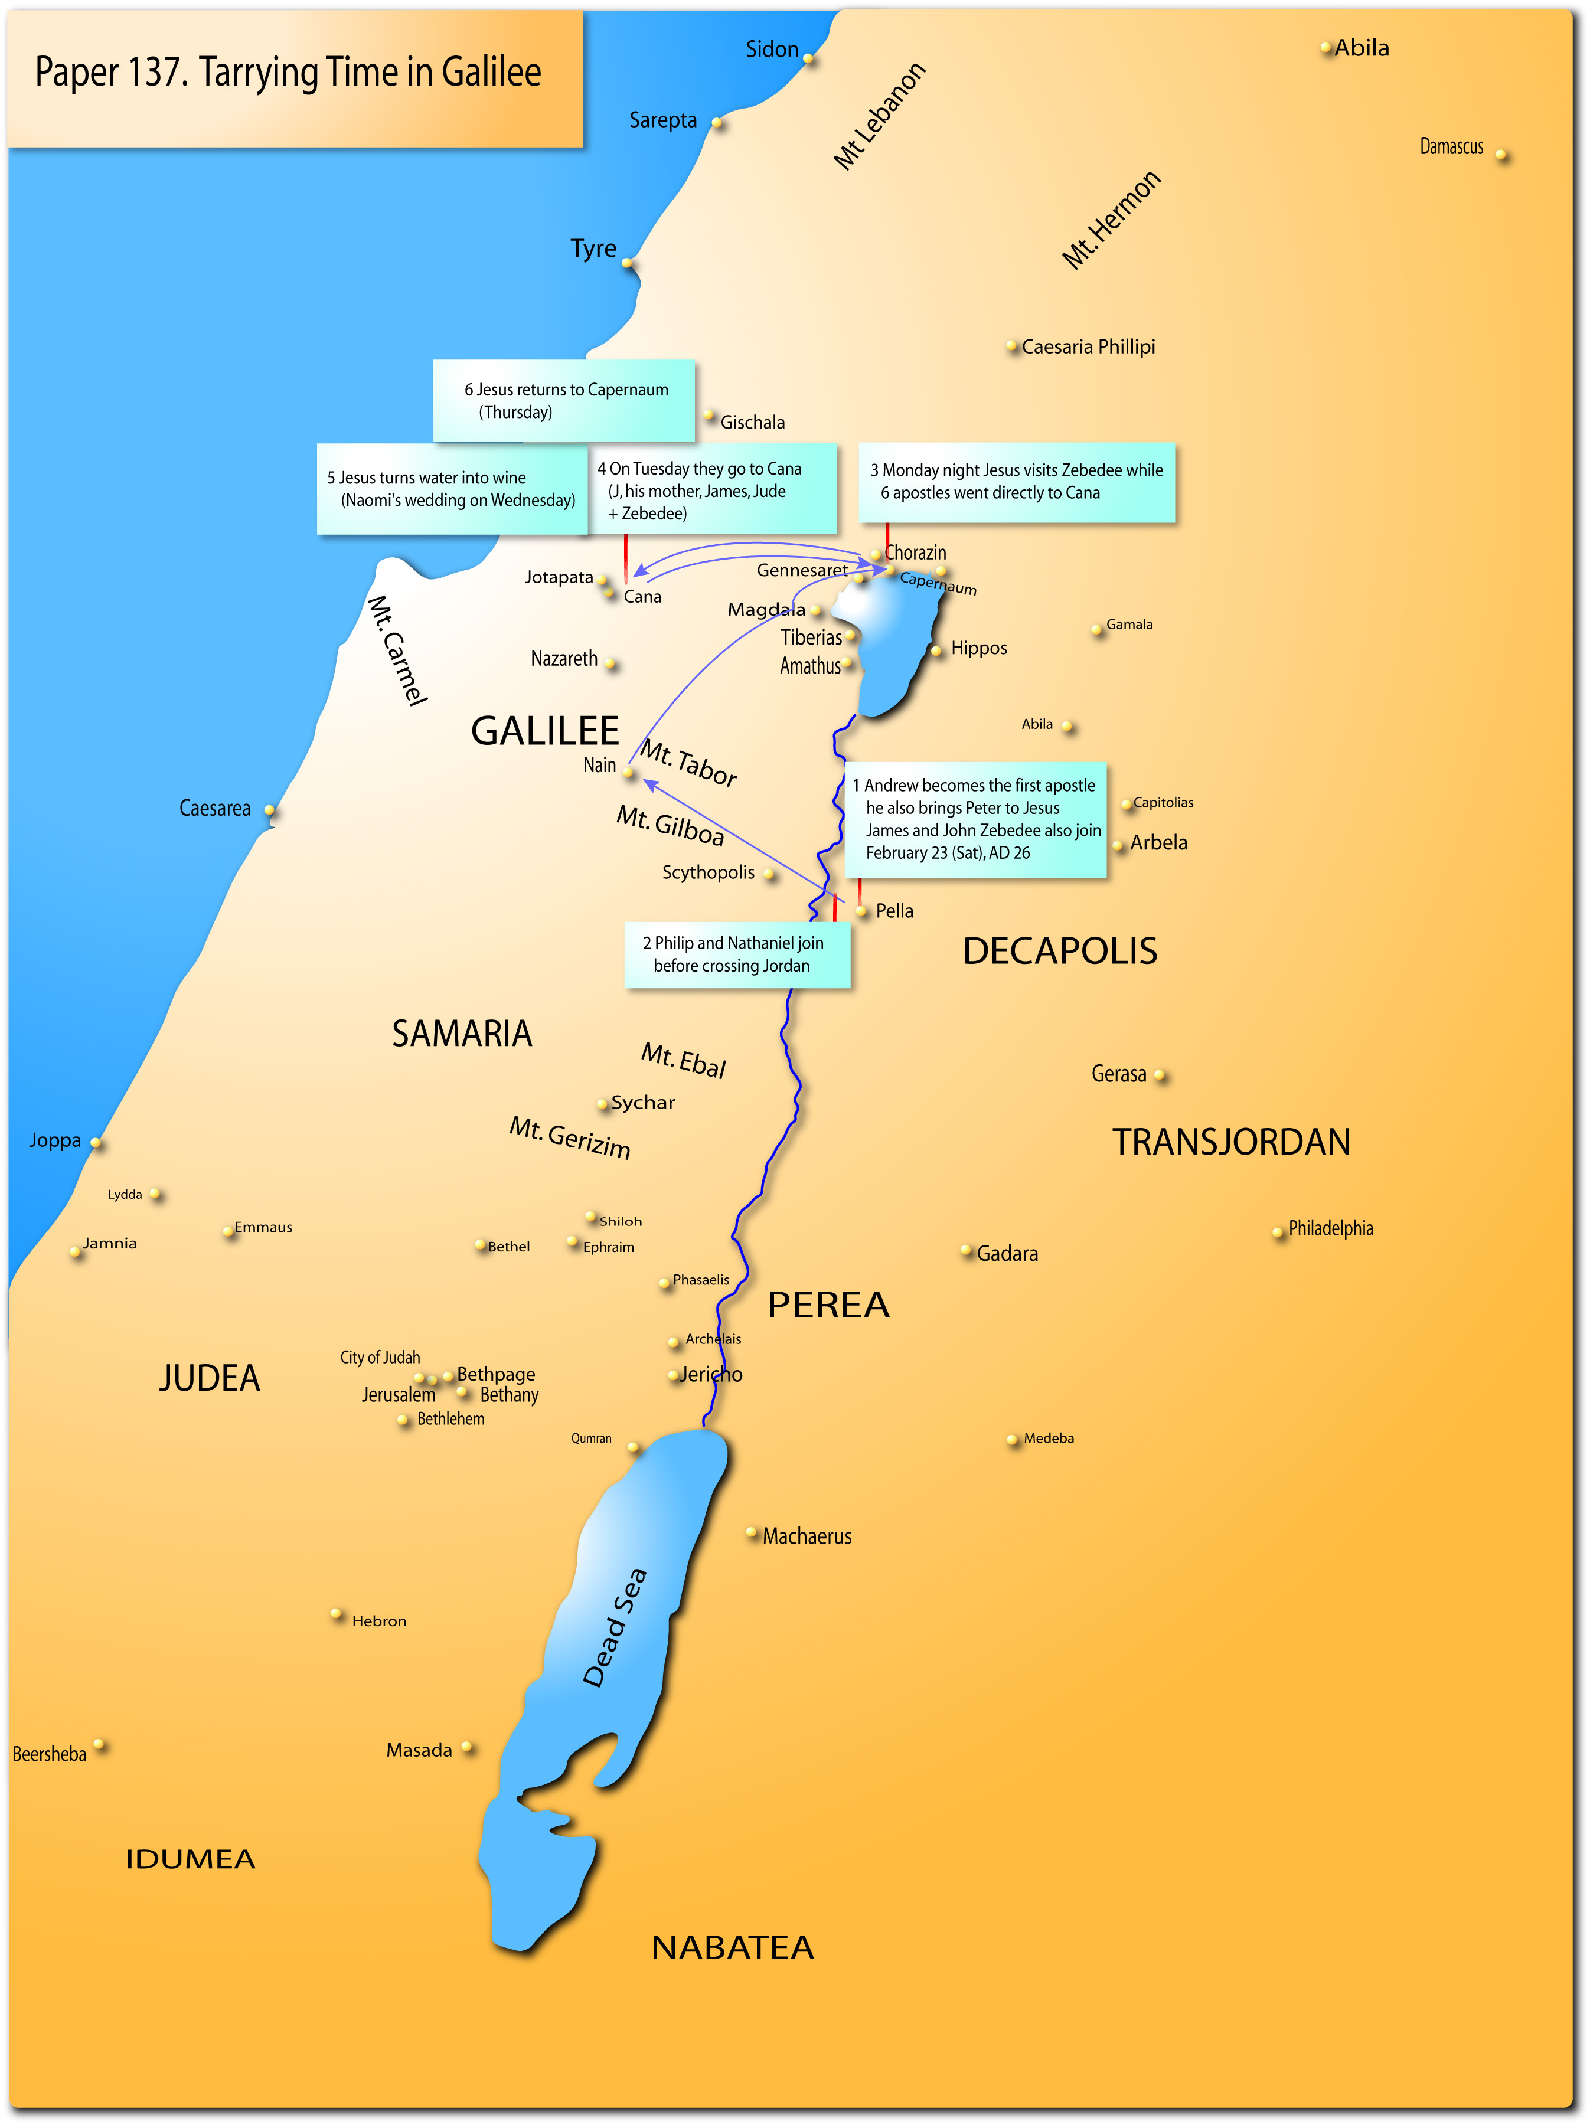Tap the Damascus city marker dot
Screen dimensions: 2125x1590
pyautogui.click(x=1501, y=155)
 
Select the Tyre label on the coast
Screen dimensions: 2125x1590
pyautogui.click(x=593, y=249)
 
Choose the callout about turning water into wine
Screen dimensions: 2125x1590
pyautogui.click(x=452, y=489)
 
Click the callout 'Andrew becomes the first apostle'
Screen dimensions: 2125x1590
pyautogui.click(x=975, y=819)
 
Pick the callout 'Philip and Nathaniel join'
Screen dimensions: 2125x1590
pyautogui.click(x=736, y=955)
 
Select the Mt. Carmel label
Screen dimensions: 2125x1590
pyautogui.click(x=397, y=650)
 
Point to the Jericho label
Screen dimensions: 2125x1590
pyautogui.click(x=711, y=1375)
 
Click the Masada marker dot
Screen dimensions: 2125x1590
pyautogui.click(x=467, y=1747)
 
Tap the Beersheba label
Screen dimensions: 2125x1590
pyautogui.click(x=49, y=1754)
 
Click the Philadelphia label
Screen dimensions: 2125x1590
pyautogui.click(x=1331, y=1229)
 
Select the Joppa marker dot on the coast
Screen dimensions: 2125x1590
pyautogui.click(x=96, y=1142)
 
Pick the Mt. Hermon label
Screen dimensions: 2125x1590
pyautogui.click(x=1112, y=221)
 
